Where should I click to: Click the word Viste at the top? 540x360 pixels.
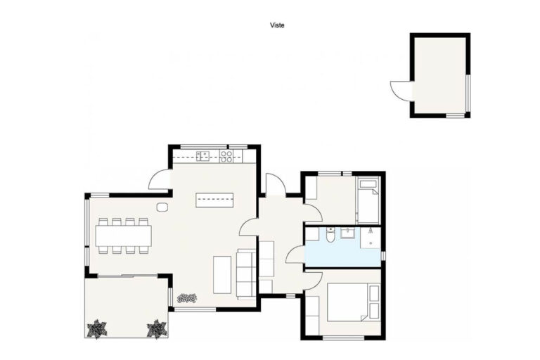pos(277,25)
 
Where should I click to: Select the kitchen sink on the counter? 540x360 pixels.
pos(203,156)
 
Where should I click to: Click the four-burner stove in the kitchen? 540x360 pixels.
pos(226,156)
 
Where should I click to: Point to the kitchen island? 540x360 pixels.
pos(214,200)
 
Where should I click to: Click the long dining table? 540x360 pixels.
pos(123,236)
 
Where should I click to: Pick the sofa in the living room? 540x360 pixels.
pos(246,274)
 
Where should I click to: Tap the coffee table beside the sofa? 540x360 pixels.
pos(222,274)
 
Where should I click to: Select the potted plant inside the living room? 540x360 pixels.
pos(186,297)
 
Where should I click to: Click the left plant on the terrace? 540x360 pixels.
pos(97,328)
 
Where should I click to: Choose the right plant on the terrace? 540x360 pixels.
pos(157,328)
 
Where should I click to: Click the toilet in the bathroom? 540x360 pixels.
pos(330,235)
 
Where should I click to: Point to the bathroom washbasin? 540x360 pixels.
pos(347,233)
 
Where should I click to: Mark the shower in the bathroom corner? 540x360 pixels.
pos(371,238)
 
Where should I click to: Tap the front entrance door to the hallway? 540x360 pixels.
pos(276,184)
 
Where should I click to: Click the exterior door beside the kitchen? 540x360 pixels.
pos(159,179)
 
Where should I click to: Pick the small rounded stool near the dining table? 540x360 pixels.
pos(162,207)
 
